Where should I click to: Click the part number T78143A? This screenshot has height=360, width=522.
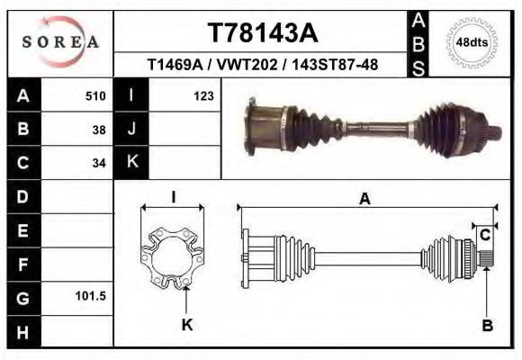click(x=263, y=33)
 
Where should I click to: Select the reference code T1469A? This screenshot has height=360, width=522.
click(x=176, y=66)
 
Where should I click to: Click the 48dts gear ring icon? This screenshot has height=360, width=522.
click(x=472, y=41)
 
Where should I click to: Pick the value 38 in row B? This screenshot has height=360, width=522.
click(x=99, y=130)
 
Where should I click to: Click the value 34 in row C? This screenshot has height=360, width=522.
click(x=99, y=163)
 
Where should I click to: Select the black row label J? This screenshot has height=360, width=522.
click(x=131, y=130)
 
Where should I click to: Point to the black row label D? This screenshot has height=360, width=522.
click(x=22, y=196)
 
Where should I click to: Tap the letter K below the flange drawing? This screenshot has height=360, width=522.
click(x=187, y=325)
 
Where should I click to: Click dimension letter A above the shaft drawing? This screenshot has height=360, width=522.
click(x=364, y=200)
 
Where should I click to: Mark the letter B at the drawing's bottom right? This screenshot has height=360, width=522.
click(x=487, y=325)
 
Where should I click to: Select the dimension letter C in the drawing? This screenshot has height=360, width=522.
click(x=485, y=235)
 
